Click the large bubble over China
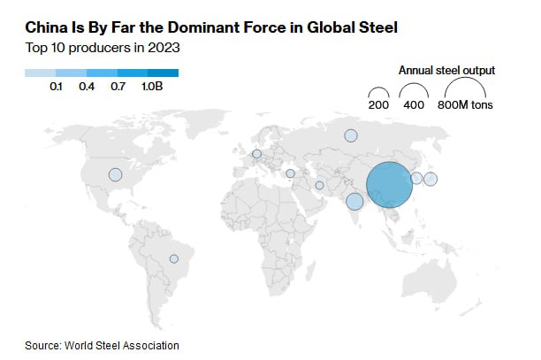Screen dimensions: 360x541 389,185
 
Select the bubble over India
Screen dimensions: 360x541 354,202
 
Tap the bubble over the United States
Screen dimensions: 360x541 115,175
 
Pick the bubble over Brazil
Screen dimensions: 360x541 174,258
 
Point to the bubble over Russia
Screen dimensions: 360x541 351,135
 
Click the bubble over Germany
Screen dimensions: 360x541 257,154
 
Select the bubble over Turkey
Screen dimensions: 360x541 290,173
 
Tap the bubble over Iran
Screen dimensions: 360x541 319,186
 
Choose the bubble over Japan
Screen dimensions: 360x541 431,179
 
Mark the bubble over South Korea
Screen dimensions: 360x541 416,178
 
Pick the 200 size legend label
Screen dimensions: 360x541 379,105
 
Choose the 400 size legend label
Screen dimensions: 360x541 413,105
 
